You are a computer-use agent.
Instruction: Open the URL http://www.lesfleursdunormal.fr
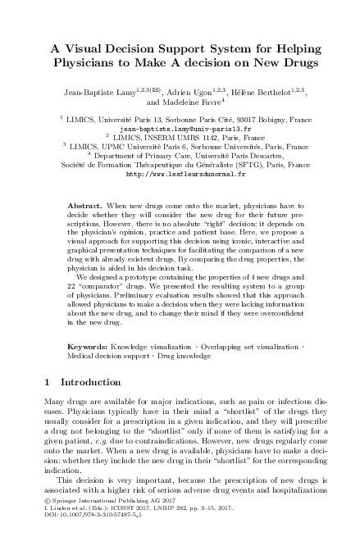point(180,174)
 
